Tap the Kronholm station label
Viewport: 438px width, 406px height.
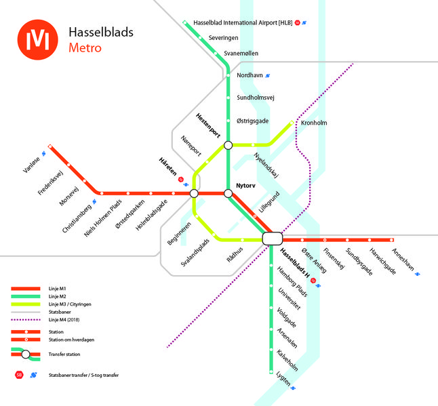pos(313,123)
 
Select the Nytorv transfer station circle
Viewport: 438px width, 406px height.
pos(228,193)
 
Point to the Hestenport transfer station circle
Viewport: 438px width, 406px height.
pos(228,144)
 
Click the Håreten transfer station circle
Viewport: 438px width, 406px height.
pos(195,193)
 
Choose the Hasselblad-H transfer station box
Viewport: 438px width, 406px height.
pos(272,238)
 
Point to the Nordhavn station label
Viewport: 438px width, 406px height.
pos(250,75)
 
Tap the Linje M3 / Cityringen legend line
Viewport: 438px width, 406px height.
pos(26,304)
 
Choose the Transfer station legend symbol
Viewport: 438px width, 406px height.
pos(26,354)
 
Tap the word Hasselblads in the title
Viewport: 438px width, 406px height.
pos(101,33)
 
